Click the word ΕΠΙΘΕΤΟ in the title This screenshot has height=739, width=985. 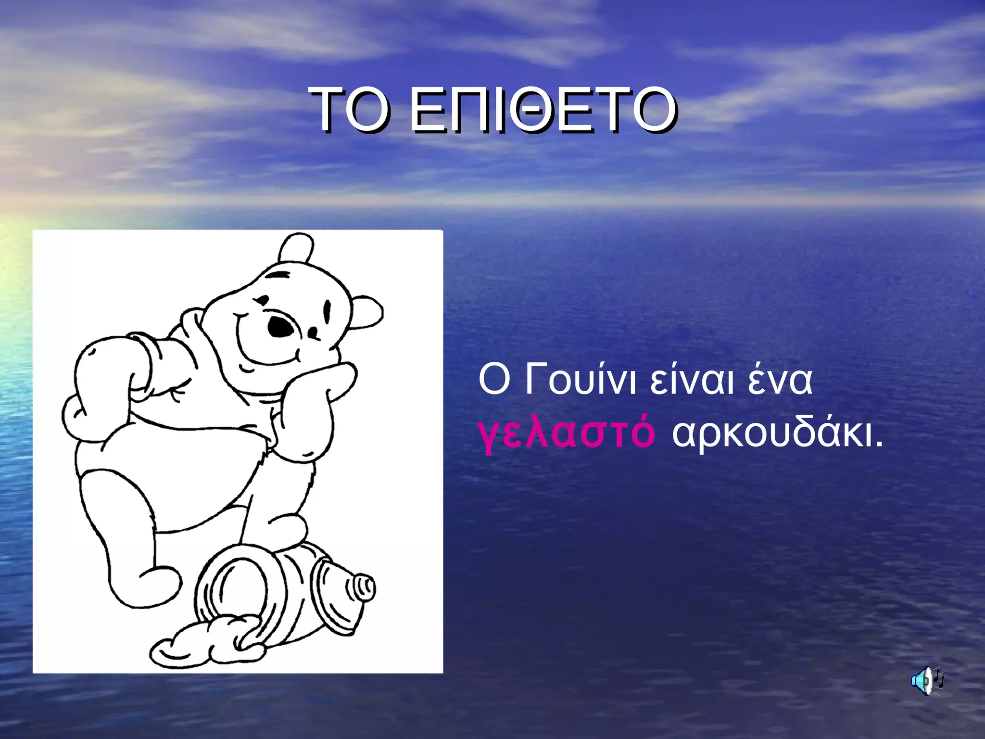pos(543,111)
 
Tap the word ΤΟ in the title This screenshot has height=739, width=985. pos(350,111)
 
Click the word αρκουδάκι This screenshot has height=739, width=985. pos(777,432)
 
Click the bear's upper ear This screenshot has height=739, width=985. pos(296,247)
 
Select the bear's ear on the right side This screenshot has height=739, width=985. pos(366,313)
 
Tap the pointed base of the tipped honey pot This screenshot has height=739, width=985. pos(363,588)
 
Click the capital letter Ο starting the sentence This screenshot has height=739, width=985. pos(493,380)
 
